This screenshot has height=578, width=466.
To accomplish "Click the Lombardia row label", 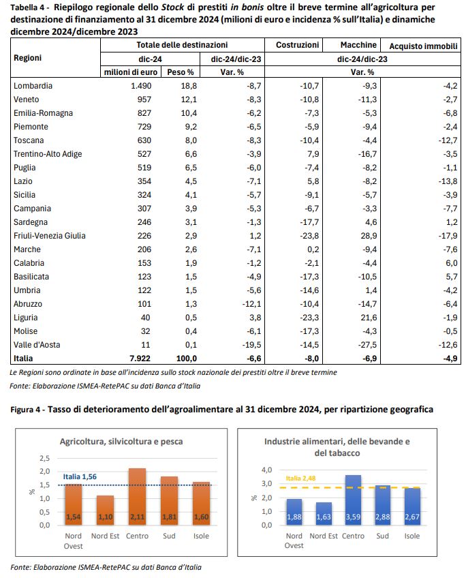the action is [33, 86].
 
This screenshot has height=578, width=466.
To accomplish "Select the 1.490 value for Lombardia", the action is [141, 86].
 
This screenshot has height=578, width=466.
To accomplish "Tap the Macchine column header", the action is [358, 45].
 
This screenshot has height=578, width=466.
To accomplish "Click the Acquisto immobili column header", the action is [423, 46].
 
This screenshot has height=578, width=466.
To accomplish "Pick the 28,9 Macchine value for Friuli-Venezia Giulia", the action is [369, 236].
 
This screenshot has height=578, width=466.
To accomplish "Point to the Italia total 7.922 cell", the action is [140, 359].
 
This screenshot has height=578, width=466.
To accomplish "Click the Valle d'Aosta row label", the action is [37, 345].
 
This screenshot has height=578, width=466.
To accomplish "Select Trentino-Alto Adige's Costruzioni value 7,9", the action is [313, 154].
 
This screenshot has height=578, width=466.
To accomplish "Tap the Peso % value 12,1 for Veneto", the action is [189, 100].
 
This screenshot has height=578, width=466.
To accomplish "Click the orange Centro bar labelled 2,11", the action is [138, 497].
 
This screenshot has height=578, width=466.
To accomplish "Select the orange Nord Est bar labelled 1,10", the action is [106, 511].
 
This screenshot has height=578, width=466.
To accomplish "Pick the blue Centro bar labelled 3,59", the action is [353, 500].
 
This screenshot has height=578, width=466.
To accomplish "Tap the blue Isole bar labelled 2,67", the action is [412, 506].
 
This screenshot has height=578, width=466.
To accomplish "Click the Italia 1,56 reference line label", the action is [80, 476].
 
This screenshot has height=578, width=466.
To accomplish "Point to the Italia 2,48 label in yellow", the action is [300, 478].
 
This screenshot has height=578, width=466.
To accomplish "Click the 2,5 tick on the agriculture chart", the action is [44, 458].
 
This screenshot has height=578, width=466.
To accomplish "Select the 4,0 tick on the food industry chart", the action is [266, 470].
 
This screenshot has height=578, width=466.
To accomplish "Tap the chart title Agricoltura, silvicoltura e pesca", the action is [121, 442].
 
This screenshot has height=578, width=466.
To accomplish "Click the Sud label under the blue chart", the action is [382, 536].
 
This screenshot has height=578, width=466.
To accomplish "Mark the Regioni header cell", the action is [28, 58].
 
